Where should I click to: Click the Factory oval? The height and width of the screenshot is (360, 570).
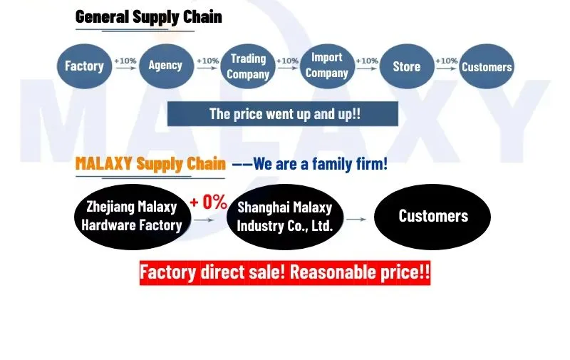click(84, 66)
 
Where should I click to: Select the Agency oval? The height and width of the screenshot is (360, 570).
click(165, 66)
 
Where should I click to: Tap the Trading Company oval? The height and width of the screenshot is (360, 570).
click(248, 66)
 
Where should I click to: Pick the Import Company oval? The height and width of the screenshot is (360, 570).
click(326, 66)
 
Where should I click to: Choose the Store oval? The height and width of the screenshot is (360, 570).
click(407, 66)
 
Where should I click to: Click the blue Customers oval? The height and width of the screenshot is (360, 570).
click(487, 67)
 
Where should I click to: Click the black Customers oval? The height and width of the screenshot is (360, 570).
click(432, 216)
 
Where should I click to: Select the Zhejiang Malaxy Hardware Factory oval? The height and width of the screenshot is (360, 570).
click(132, 216)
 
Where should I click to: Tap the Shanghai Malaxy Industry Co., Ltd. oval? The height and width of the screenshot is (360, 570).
click(284, 216)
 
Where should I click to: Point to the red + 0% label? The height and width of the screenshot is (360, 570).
click(208, 202)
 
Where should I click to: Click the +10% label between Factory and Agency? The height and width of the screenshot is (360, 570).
click(125, 61)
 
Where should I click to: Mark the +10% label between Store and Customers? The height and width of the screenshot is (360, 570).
click(446, 61)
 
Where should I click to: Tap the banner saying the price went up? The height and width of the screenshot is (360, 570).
click(283, 114)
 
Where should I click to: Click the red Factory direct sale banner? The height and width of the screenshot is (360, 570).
click(285, 272)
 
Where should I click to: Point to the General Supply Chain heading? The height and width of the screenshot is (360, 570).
click(148, 16)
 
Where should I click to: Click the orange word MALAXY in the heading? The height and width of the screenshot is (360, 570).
click(104, 164)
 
